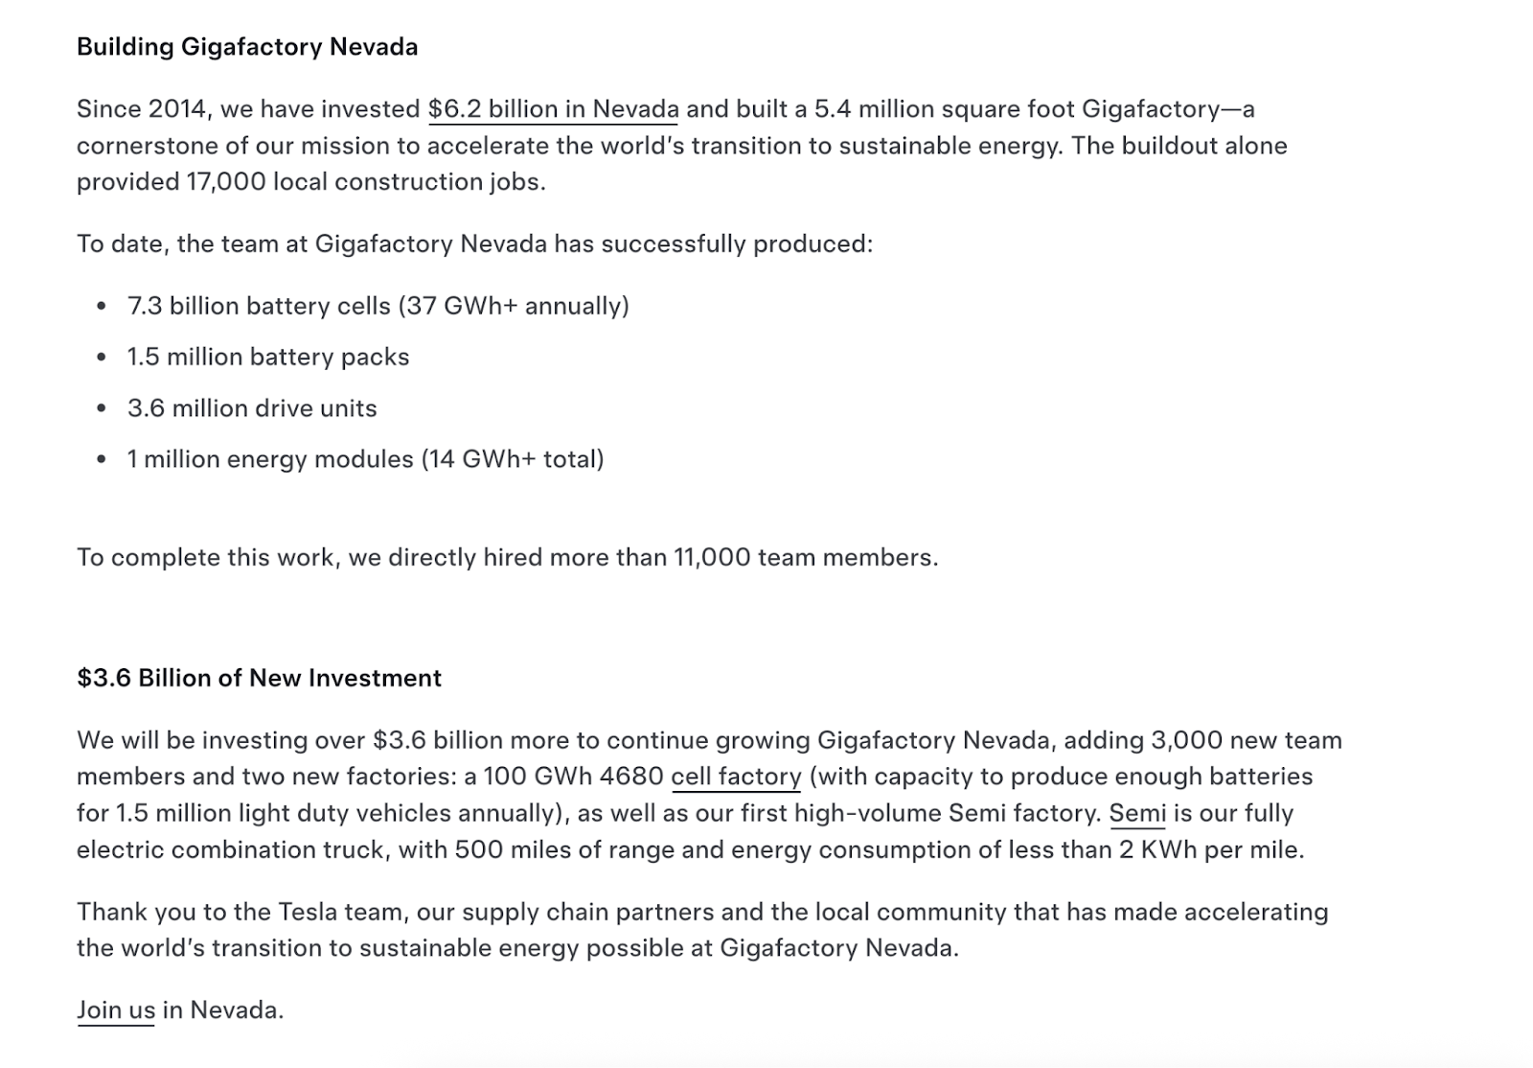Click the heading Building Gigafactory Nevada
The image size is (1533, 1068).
pyautogui.click(x=247, y=47)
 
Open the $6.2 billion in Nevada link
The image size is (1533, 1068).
pyautogui.click(x=553, y=109)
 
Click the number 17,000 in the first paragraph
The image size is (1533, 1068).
pyautogui.click(x=226, y=182)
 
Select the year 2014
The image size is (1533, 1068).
pyautogui.click(x=177, y=109)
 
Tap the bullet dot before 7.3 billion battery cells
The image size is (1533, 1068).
pyautogui.click(x=102, y=307)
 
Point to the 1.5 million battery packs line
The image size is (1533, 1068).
pyautogui.click(x=268, y=357)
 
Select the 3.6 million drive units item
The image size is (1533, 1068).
pyautogui.click(x=252, y=408)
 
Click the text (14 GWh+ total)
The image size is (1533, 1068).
pyautogui.click(x=513, y=459)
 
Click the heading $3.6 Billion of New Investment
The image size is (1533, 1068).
pyautogui.click(x=259, y=679)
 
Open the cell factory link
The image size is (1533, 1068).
pyautogui.click(x=736, y=777)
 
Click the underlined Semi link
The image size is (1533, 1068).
pyautogui.click(x=1137, y=814)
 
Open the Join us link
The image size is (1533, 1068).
pyautogui.click(x=116, y=1010)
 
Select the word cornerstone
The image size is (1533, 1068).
pyautogui.click(x=143, y=146)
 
